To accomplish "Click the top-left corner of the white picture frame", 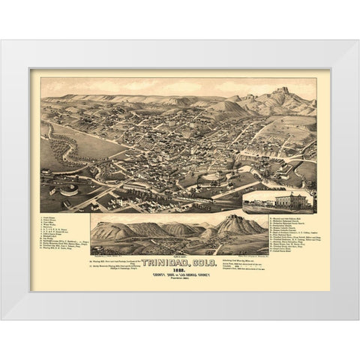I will [2, 41].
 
